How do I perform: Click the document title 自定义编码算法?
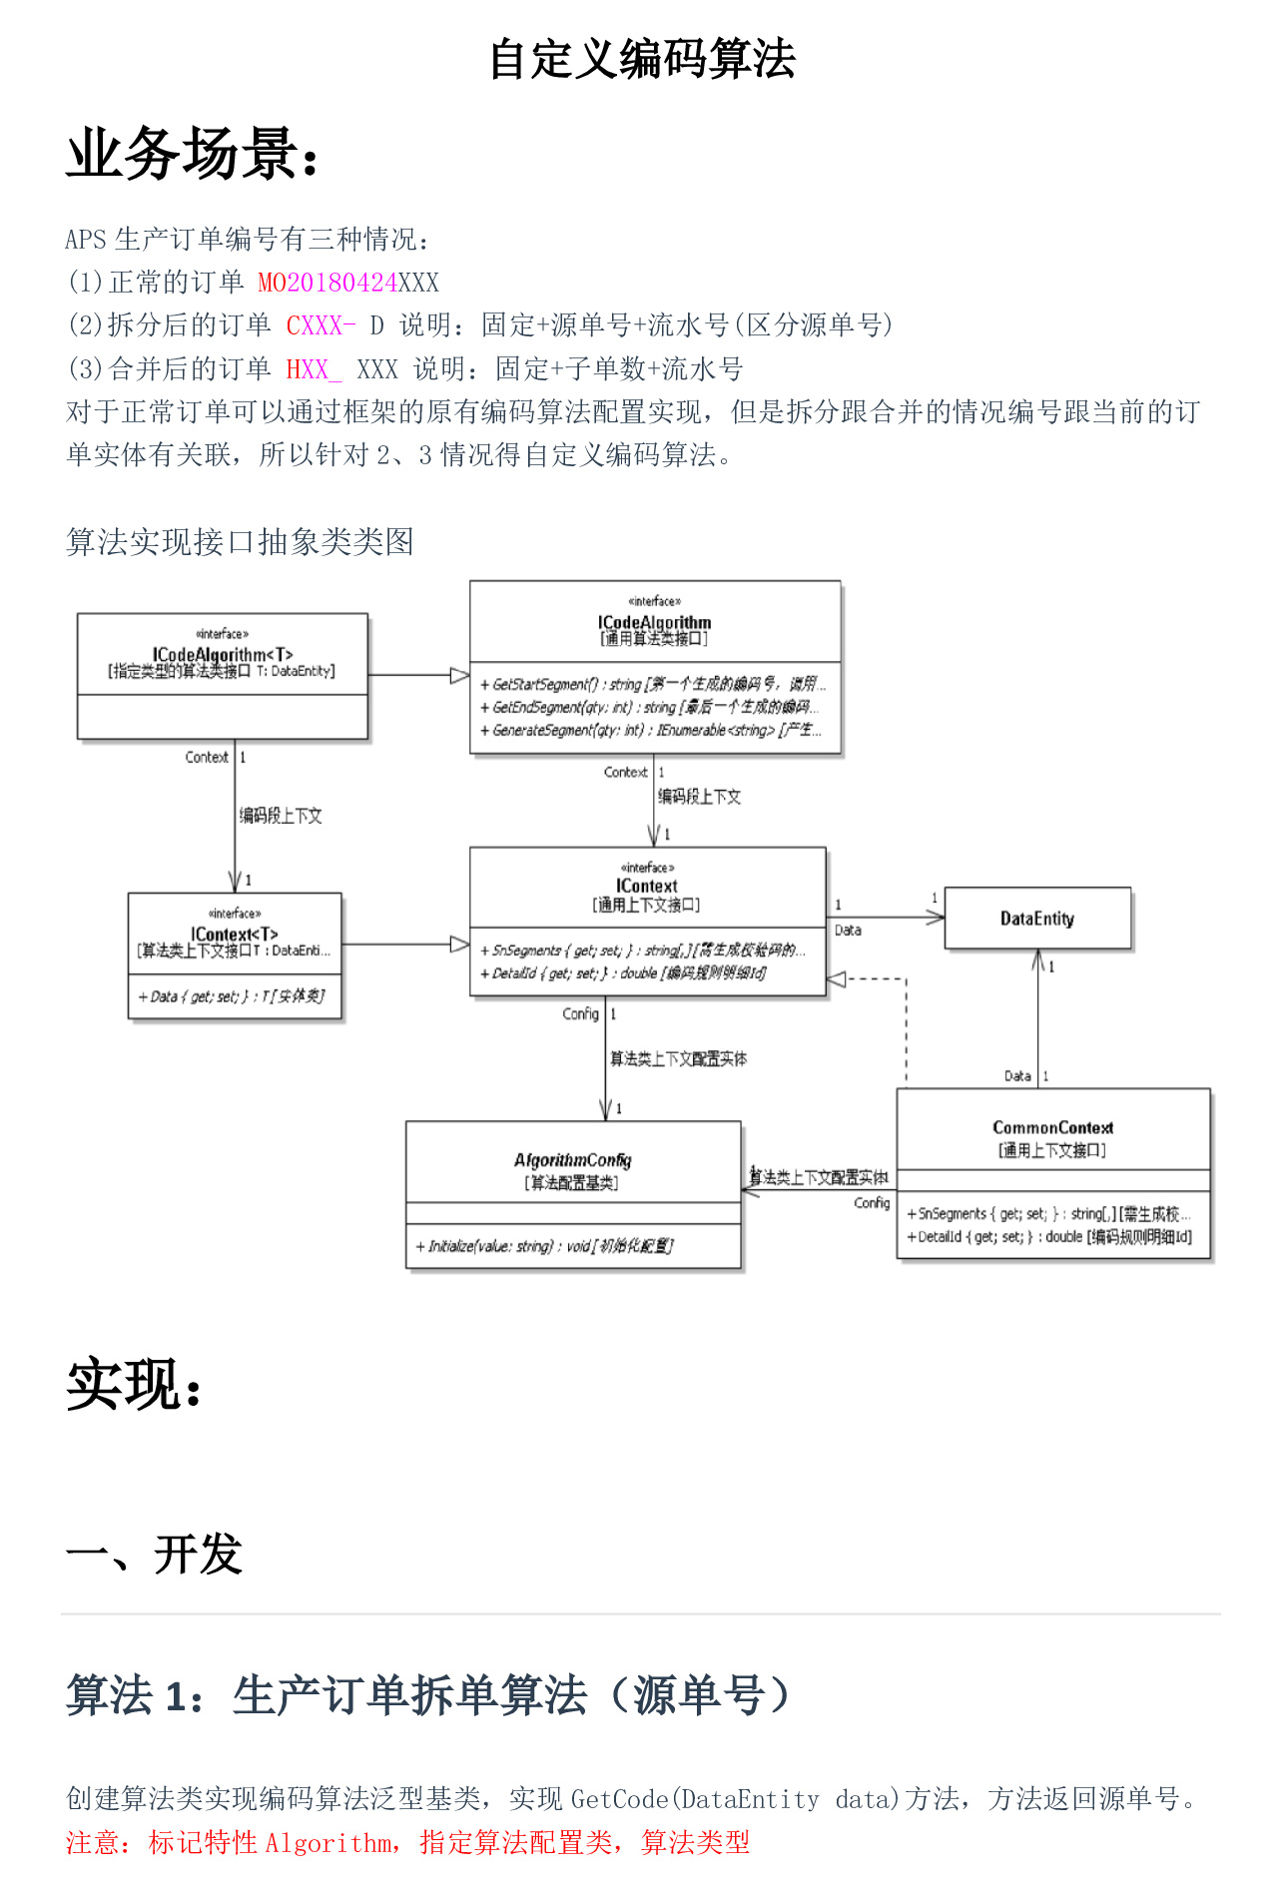click(642, 59)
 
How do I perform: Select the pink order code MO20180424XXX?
click(347, 283)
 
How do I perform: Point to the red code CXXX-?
click(321, 325)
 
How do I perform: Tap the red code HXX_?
click(314, 369)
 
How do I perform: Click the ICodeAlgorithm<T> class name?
click(223, 654)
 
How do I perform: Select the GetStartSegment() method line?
click(653, 684)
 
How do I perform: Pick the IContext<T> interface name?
click(234, 934)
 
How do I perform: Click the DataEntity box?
click(1037, 919)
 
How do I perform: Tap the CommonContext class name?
click(1052, 1127)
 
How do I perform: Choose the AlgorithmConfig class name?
click(572, 1160)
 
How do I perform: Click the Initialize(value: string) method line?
click(545, 1246)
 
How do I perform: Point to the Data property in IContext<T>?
click(233, 995)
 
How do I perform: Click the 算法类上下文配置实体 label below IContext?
click(679, 1058)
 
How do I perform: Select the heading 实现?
click(134, 1385)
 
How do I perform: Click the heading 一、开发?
click(154, 1555)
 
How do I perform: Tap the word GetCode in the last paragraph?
click(619, 1799)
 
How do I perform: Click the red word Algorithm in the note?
click(328, 1843)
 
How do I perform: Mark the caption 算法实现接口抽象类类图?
click(240, 542)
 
